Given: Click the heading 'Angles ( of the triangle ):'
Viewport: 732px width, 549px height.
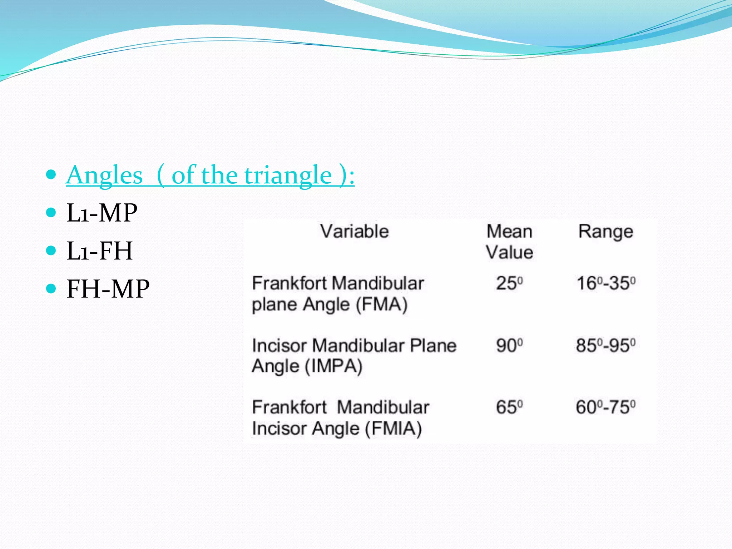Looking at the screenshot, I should [x=210, y=175].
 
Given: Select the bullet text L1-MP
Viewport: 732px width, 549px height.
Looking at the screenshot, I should [x=102, y=213].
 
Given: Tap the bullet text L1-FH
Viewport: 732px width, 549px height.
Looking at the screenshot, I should [x=100, y=251].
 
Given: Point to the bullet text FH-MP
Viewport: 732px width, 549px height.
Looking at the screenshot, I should [x=108, y=289].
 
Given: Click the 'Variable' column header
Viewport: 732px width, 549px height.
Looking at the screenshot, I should [x=354, y=231].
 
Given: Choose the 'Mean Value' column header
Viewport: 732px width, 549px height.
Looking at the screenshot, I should [x=509, y=242].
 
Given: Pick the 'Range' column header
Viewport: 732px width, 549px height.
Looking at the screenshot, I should [x=606, y=231].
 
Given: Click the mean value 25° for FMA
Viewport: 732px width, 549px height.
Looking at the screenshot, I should [x=509, y=283].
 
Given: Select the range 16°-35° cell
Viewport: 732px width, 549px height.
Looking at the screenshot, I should [x=606, y=283].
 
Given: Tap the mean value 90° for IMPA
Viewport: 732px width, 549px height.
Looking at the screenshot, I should [x=509, y=346].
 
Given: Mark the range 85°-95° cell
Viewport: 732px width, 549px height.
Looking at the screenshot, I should [x=606, y=346].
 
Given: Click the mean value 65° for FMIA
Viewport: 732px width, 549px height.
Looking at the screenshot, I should [x=509, y=407].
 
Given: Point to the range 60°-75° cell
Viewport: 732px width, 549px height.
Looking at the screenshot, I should [x=606, y=407].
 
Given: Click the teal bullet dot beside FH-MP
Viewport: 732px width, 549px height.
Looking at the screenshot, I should [x=51, y=288].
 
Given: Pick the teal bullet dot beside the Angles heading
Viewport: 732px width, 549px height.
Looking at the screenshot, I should [x=51, y=174].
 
